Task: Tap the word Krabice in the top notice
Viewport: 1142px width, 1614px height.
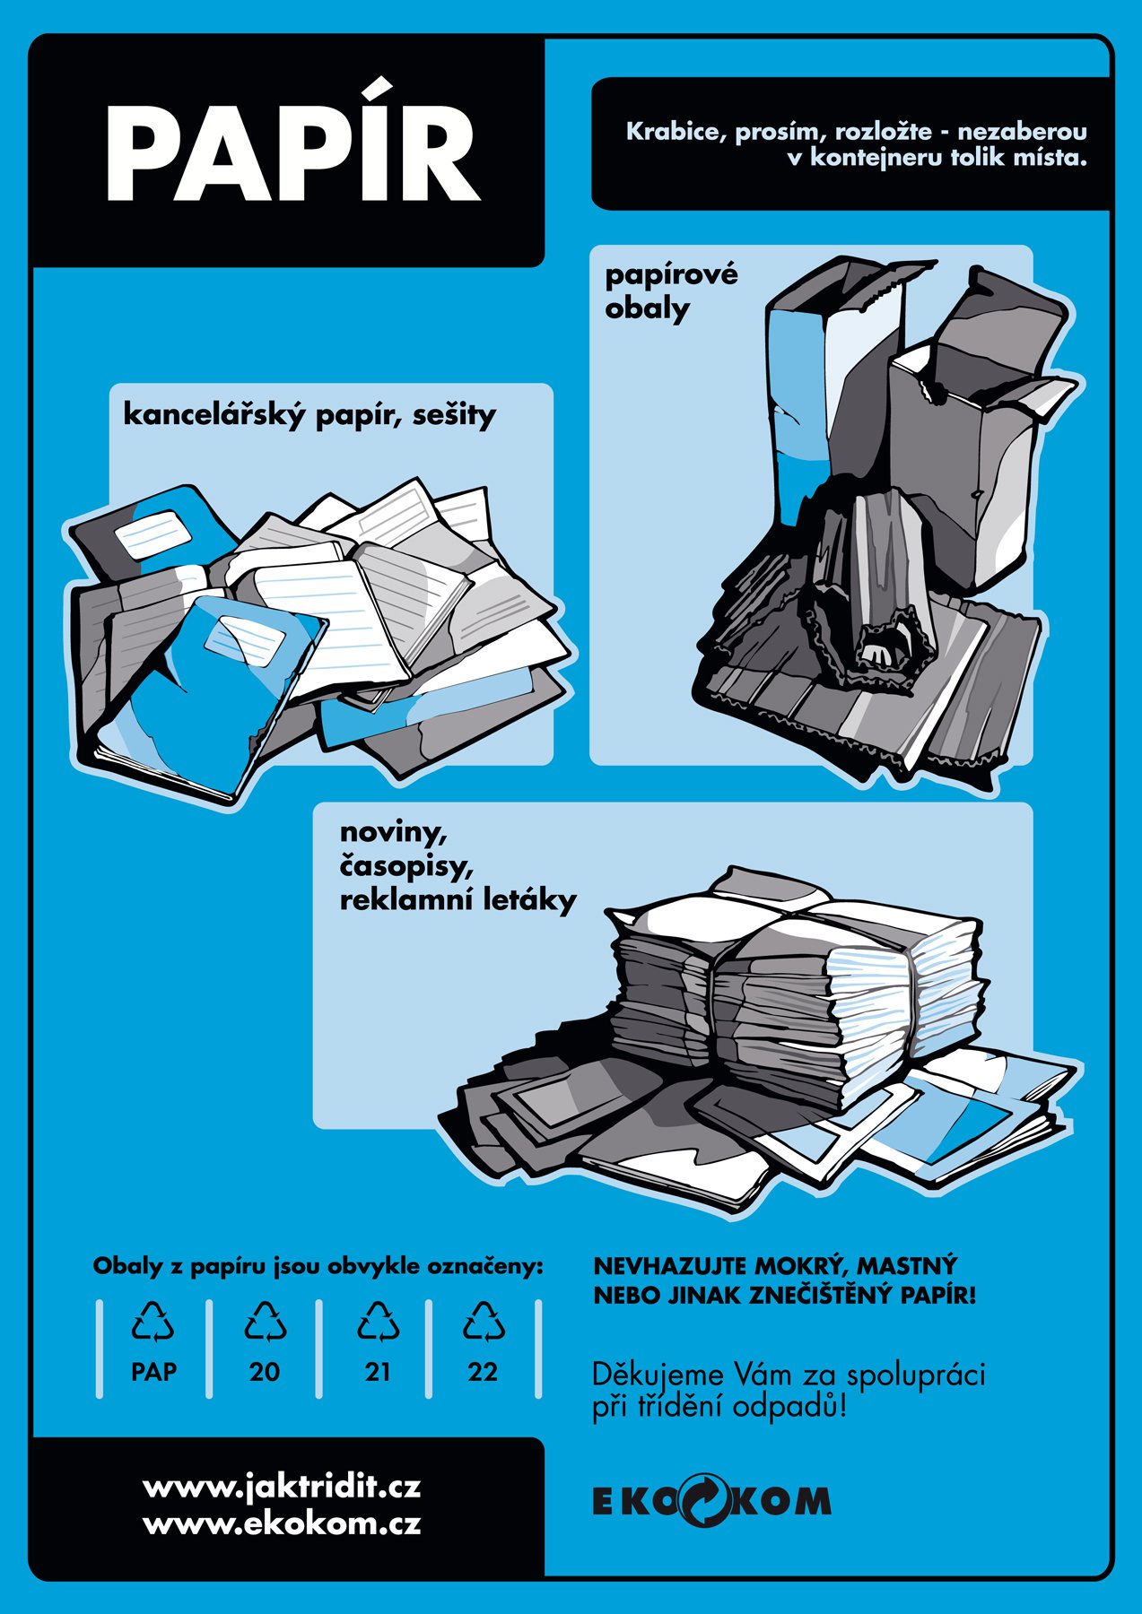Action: point(672,132)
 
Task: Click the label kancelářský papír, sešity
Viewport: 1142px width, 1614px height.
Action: point(309,414)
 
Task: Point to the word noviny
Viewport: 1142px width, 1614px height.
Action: point(393,832)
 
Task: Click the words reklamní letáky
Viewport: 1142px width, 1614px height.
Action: point(458,899)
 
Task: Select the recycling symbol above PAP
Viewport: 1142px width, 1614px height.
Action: point(153,1322)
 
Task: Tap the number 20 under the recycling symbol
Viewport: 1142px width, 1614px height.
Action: point(265,1372)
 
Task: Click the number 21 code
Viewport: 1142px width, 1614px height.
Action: point(378,1372)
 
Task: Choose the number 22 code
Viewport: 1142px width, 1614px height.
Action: point(483,1372)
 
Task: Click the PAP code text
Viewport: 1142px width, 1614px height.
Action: point(153,1372)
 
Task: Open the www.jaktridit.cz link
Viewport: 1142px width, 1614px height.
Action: point(282,1488)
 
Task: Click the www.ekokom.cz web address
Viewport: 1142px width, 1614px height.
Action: point(282,1523)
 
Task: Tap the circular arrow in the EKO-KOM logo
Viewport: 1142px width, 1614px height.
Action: point(708,1499)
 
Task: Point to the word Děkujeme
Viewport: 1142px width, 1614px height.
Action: point(658,1375)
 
